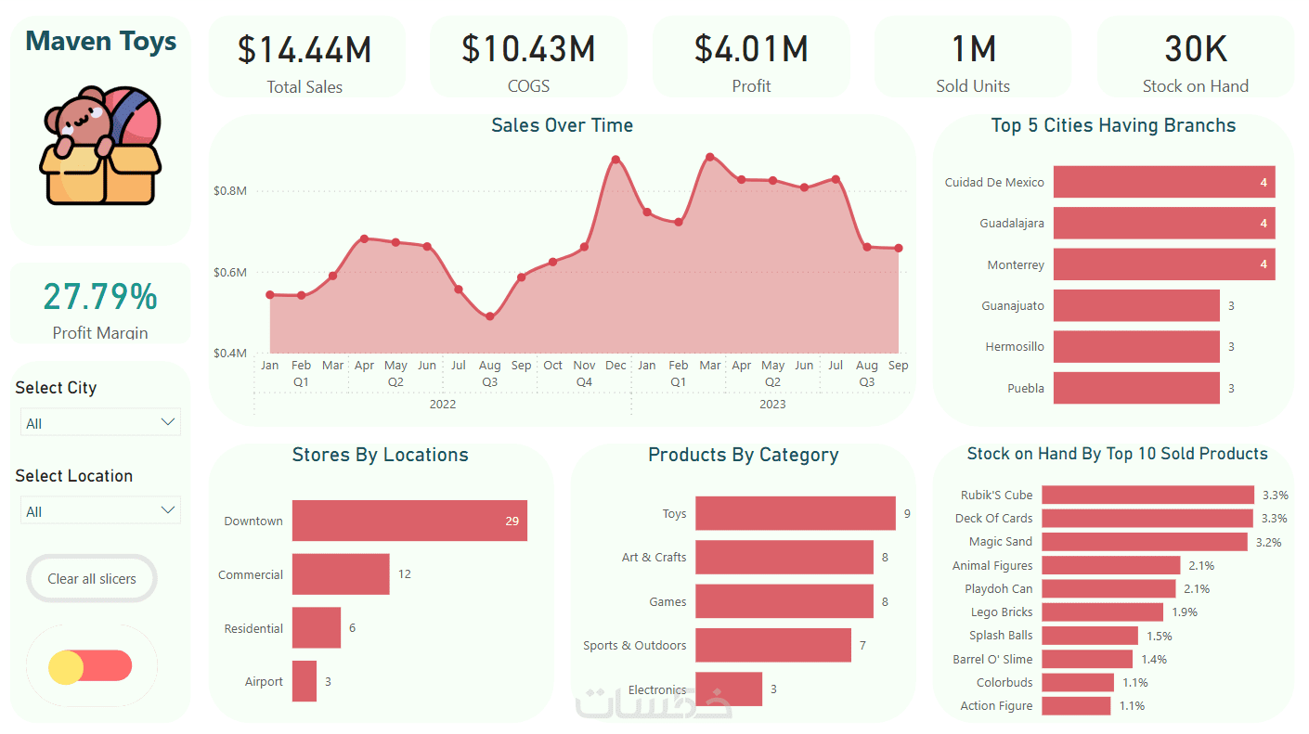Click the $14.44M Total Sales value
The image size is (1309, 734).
(305, 50)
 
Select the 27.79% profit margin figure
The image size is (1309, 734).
(100, 297)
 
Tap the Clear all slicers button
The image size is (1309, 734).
(92, 579)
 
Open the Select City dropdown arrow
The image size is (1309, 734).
(168, 422)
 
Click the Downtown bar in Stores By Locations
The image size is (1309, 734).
(409, 521)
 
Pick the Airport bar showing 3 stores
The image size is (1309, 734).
(305, 681)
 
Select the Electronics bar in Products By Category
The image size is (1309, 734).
(729, 689)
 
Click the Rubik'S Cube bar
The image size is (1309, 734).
(1147, 495)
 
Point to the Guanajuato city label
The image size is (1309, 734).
(1012, 305)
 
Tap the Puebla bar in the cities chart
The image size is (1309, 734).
(1136, 388)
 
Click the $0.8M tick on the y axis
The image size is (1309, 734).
(230, 191)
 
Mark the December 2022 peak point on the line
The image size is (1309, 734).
(616, 160)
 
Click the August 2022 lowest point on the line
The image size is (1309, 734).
(490, 316)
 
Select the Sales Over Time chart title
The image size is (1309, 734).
(562, 125)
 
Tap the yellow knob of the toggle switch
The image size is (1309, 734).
(66, 666)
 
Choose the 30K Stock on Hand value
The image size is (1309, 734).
(1196, 49)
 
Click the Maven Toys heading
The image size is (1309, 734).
(100, 41)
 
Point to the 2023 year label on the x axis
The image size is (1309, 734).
(772, 404)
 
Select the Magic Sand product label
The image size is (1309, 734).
(1000, 542)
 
